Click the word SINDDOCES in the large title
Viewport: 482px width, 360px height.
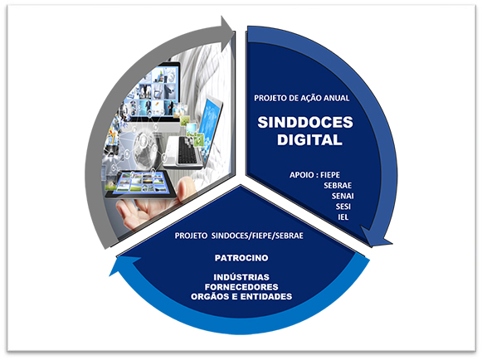coord(305,123)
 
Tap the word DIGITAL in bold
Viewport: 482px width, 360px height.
coord(309,140)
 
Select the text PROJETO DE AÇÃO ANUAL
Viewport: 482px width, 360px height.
coord(301,98)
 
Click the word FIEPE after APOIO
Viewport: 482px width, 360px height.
coord(330,175)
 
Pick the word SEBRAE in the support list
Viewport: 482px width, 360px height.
coord(338,185)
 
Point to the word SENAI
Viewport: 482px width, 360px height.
coord(343,196)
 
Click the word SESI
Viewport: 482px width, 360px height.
coord(343,207)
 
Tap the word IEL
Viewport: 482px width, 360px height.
coord(343,217)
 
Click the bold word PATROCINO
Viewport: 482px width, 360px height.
coord(241,258)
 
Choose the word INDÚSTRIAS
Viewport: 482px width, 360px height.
coord(241,277)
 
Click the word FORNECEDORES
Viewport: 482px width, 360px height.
coord(241,287)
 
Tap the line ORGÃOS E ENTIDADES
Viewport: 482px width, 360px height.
coord(241,297)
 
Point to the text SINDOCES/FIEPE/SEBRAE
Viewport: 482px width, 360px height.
coord(257,236)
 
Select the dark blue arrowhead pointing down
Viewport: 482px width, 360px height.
coord(376,237)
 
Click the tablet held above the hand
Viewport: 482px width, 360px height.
coord(141,184)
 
